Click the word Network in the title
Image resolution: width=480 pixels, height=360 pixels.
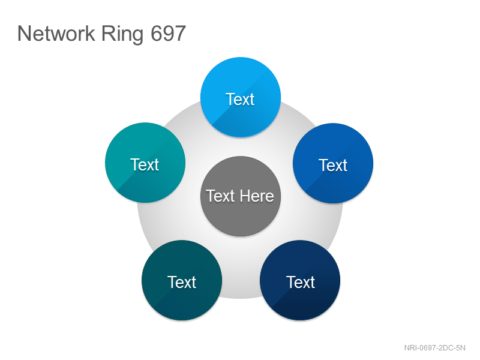pyautogui.click(x=56, y=34)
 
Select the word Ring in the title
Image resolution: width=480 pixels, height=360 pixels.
pyautogui.click(x=122, y=35)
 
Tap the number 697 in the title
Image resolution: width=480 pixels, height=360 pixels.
pyautogui.click(x=169, y=34)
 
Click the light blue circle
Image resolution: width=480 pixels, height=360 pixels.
pyautogui.click(x=241, y=97)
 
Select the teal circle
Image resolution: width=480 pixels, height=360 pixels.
pyautogui.click(x=145, y=163)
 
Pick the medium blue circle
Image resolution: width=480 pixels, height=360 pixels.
pyautogui.click(x=333, y=163)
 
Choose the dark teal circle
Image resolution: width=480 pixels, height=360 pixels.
pyautogui.click(x=182, y=280)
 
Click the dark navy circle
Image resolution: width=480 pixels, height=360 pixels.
pyautogui.click(x=300, y=280)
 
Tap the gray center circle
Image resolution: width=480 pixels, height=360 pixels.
pyautogui.click(x=241, y=196)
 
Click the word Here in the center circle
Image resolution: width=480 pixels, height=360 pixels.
pyautogui.click(x=257, y=196)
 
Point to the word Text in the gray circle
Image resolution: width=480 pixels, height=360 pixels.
pyautogui.click(x=220, y=196)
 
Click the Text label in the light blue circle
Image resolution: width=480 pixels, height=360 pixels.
pyautogui.click(x=240, y=99)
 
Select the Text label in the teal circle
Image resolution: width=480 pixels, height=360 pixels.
pyautogui.click(x=145, y=164)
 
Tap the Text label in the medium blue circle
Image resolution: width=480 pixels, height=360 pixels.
pyautogui.click(x=333, y=166)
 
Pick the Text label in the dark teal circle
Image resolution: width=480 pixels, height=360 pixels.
pyautogui.click(x=182, y=282)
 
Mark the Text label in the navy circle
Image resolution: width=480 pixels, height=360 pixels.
pyautogui.click(x=301, y=282)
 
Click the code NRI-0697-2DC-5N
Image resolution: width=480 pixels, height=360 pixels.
pyautogui.click(x=434, y=348)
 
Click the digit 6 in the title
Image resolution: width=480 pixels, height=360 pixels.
pyautogui.click(x=157, y=34)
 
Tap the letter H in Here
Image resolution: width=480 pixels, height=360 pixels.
pyautogui.click(x=245, y=196)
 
